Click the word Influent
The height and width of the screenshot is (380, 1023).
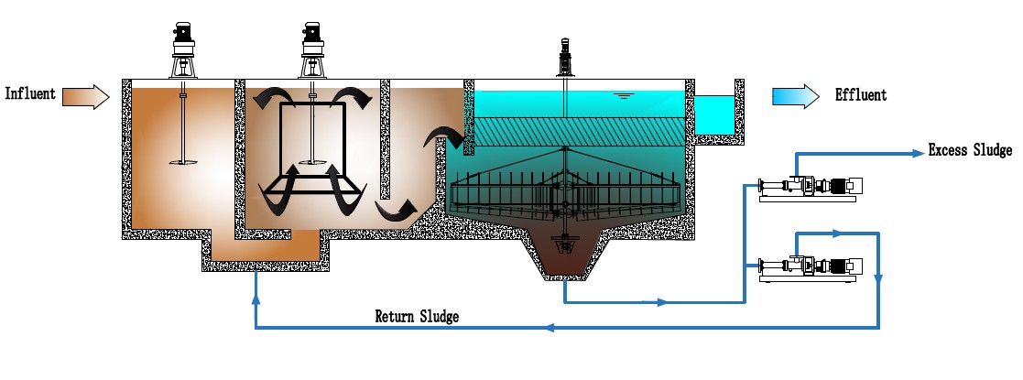click(30, 93)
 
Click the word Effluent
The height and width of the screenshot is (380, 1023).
click(860, 94)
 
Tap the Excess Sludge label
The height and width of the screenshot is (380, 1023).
click(970, 150)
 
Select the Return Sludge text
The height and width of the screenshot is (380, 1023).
click(417, 317)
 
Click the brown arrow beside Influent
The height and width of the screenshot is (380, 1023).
click(87, 94)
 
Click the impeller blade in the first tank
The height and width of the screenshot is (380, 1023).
click(184, 163)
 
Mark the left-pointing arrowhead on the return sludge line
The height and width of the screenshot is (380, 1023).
click(549, 327)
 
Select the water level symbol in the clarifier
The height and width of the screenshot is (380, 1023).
click(623, 94)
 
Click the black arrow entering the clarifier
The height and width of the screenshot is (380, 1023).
click(443, 138)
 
